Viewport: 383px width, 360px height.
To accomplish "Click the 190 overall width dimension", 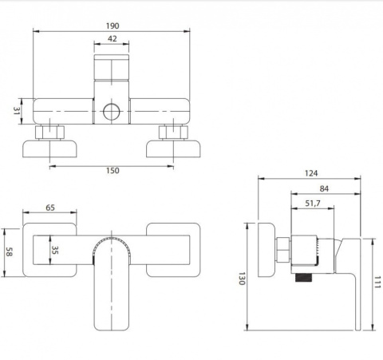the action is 113,26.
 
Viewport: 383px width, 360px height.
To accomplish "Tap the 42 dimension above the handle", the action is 112,39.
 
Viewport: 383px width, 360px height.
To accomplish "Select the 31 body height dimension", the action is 17,111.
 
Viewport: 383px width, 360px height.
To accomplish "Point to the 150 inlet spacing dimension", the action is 113,171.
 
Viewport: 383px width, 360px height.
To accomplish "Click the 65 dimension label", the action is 50,208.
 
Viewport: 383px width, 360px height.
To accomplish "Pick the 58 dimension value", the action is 9,251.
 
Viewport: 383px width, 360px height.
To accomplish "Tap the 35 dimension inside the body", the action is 54,250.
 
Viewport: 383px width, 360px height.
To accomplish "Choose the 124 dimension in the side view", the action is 311,173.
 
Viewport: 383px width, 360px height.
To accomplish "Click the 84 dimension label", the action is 324,188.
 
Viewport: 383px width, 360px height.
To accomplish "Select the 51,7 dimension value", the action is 313,204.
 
